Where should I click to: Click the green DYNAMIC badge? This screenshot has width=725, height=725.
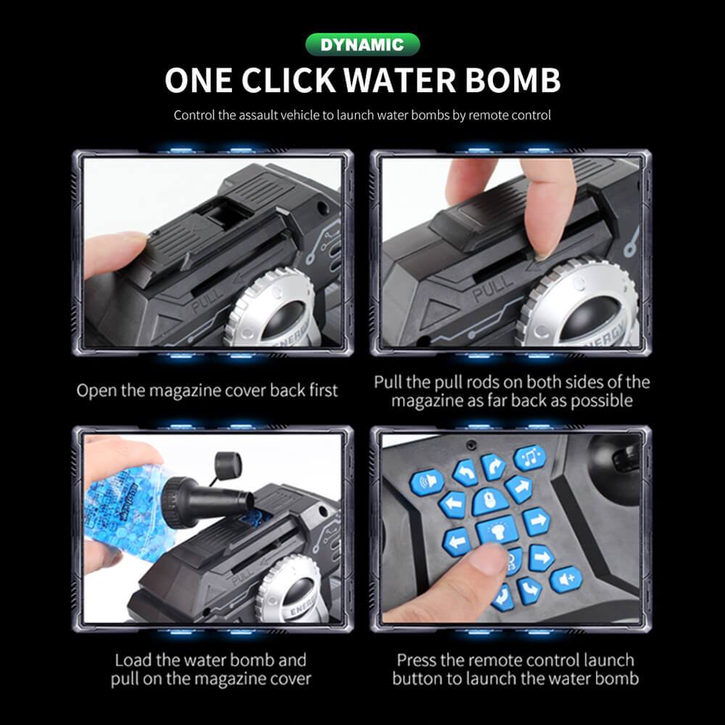click(x=362, y=45)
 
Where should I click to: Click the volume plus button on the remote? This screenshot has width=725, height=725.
click(x=565, y=579)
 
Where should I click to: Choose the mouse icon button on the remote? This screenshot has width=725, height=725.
click(x=489, y=500)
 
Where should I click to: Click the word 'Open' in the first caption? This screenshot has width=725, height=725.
click(x=96, y=390)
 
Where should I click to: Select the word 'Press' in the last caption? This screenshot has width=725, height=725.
click(x=416, y=660)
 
